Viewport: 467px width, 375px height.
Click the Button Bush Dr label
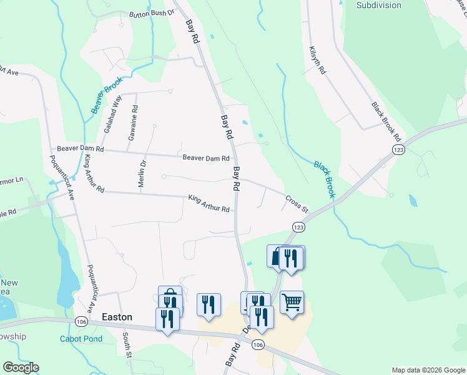150,13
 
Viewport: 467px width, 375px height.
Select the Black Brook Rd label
385,121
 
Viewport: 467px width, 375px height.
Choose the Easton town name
117,317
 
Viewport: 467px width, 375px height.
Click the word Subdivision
378,5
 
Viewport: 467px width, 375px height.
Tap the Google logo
21,367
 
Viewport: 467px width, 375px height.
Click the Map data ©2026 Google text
428,370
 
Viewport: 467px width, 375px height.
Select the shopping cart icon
292,303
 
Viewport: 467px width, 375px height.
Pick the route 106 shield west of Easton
81,321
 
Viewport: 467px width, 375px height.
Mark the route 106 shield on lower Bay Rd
258,344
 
